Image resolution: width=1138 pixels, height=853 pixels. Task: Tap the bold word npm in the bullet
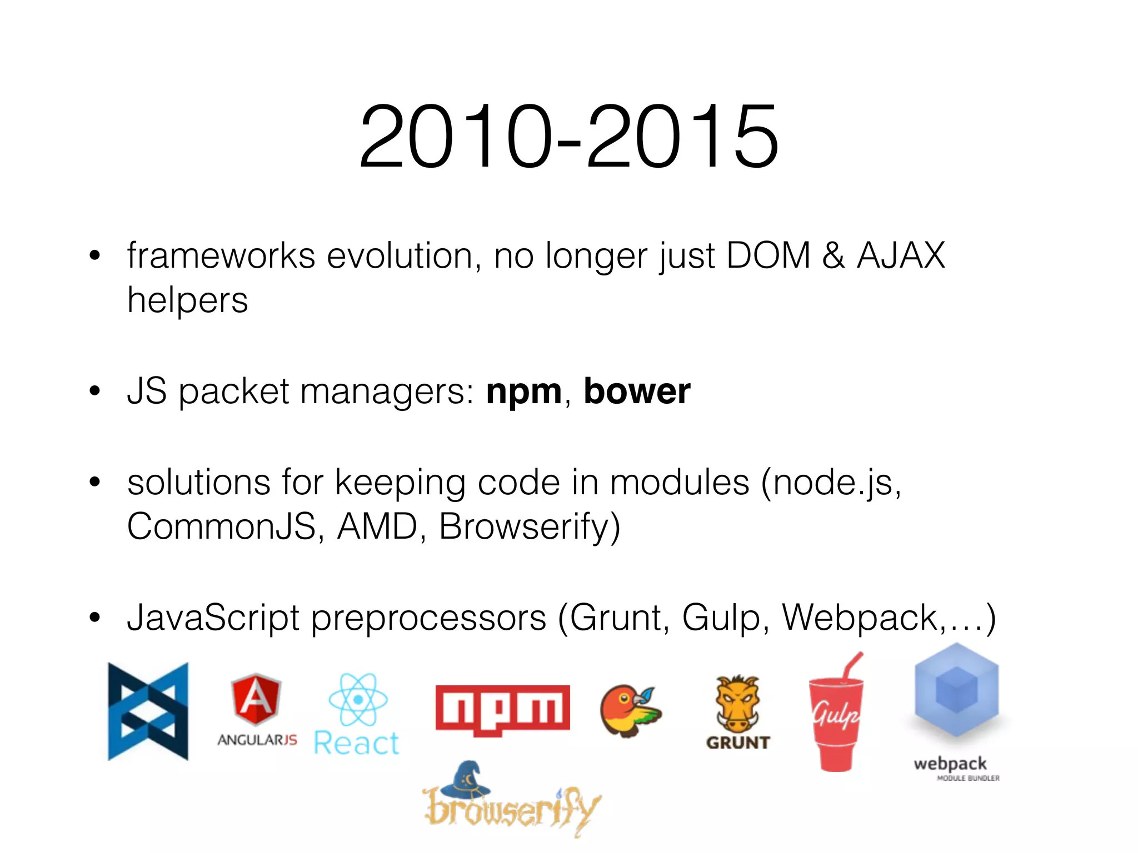[x=524, y=391]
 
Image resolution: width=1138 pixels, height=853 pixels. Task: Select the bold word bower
[x=637, y=391]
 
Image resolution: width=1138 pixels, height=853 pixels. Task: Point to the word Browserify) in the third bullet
[x=529, y=526]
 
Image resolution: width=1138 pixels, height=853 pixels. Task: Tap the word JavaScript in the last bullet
[x=213, y=618]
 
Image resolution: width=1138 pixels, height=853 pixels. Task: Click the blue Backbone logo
[x=148, y=711]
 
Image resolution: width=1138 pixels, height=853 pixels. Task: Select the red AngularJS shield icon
[x=256, y=700]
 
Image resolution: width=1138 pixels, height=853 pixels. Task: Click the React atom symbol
[x=358, y=700]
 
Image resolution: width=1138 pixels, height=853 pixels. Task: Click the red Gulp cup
[x=836, y=722]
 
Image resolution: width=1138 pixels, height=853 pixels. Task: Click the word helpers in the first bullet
[x=188, y=300]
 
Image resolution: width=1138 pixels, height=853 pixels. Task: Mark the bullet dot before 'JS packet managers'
[x=95, y=391]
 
